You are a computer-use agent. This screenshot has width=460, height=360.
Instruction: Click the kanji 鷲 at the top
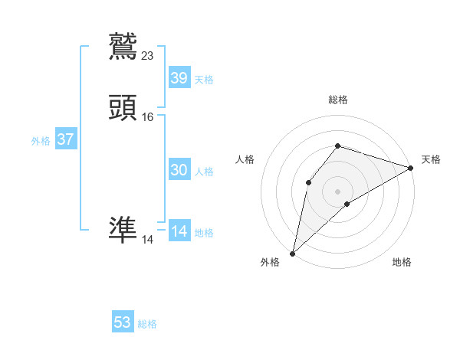(123, 44)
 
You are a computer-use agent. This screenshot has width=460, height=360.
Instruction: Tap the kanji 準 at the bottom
(123, 228)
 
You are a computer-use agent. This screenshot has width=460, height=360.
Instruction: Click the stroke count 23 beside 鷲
(148, 55)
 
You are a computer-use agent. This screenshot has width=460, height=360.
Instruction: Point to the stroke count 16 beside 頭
(148, 117)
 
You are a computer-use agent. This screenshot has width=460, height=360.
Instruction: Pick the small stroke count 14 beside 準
(147, 240)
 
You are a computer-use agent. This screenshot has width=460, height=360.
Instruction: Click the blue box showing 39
(179, 77)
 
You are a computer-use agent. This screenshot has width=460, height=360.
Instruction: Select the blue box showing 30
(179, 170)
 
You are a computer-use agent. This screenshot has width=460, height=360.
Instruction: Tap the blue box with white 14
(179, 231)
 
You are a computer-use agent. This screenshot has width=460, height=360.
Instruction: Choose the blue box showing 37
(65, 139)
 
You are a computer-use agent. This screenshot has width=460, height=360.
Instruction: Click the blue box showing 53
(122, 322)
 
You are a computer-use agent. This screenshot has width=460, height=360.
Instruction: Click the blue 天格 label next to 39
(204, 79)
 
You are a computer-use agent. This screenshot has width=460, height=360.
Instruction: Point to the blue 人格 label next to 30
(204, 172)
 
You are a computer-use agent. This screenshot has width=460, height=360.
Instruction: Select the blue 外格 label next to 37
(41, 141)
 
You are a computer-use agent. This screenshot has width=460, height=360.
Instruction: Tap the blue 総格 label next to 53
(147, 324)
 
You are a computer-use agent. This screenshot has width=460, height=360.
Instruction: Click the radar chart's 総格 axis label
(338, 100)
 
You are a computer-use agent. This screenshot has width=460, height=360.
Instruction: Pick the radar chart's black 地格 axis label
(402, 263)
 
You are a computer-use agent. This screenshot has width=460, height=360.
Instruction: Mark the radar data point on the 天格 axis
(411, 168)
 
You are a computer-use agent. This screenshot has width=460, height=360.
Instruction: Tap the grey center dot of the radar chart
(337, 190)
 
